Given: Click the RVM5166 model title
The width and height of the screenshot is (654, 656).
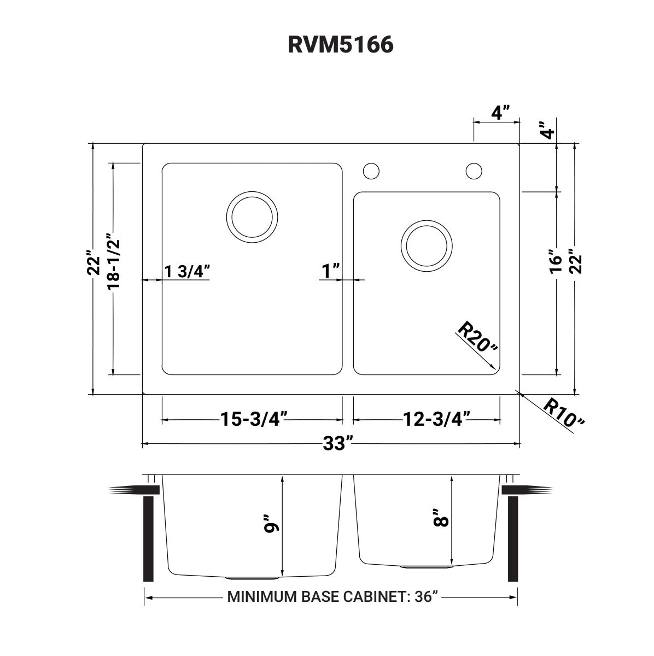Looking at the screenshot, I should [x=340, y=45].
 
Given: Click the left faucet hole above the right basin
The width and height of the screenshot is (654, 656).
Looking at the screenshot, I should [x=371, y=171].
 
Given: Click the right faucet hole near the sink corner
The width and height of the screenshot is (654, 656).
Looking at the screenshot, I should [x=474, y=171].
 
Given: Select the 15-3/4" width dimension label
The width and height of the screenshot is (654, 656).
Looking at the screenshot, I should [x=252, y=419].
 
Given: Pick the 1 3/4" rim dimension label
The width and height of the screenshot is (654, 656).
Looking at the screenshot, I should [x=187, y=271].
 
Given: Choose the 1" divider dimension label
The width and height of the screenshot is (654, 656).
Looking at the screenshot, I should [x=331, y=271].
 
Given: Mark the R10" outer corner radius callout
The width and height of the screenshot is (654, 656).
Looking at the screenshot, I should [x=564, y=413].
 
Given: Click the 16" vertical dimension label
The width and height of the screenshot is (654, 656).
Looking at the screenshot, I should [x=557, y=261].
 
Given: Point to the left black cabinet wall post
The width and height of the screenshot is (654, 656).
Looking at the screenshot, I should [x=148, y=538].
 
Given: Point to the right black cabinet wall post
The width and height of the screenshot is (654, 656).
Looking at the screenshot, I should [x=513, y=538].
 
